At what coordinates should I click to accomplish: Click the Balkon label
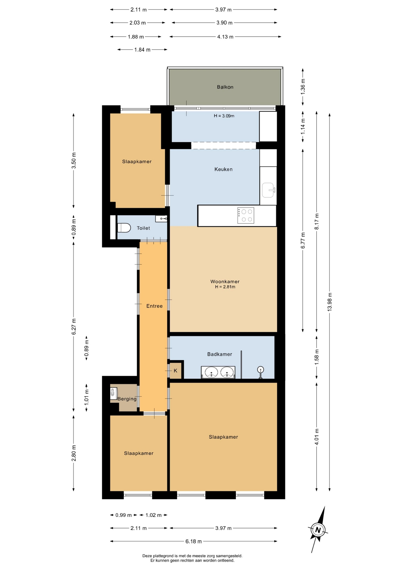pos(225,87)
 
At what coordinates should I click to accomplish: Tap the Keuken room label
pos(223,169)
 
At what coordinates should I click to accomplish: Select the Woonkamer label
pos(225,281)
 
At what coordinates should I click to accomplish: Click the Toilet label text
pos(143,228)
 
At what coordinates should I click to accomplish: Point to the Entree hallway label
pos(154,306)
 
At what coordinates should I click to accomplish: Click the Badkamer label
pos(220,354)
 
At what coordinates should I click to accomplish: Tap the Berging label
pos(127,399)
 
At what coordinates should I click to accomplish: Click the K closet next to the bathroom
pos(175,370)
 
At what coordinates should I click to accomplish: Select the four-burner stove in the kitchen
pos(246,215)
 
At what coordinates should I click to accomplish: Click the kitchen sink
pos(268,190)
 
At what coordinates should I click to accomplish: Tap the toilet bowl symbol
pos(124,228)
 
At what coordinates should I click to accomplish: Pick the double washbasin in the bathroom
pos(218,372)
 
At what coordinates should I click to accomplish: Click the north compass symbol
pos(318,530)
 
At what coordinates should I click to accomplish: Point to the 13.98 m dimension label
pos(329,302)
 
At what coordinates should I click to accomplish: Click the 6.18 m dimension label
pos(193,541)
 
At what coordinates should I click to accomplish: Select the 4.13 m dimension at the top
pos(225,37)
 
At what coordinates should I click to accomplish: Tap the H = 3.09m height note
pos(224,116)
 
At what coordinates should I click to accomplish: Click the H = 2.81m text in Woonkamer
pos(225,287)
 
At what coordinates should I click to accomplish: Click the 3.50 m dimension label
pos(74,161)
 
